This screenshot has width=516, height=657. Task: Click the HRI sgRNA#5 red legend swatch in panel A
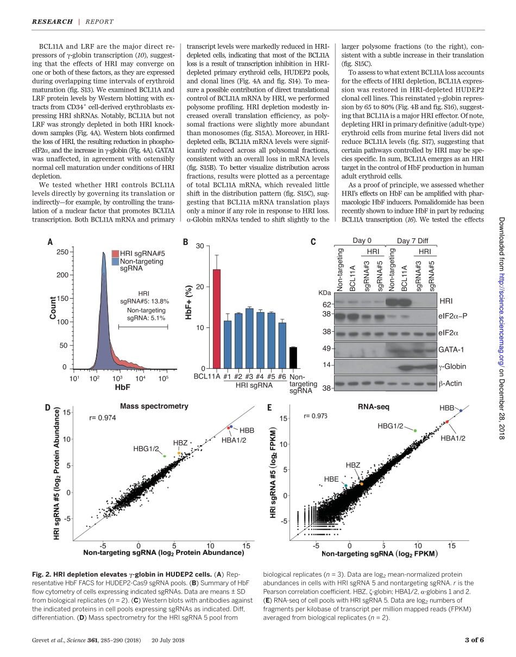pos(115,254)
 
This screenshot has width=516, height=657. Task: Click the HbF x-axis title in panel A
pos(123,388)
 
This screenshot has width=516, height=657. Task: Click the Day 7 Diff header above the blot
pos(411,241)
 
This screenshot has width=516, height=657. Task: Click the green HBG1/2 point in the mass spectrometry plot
pos(164,456)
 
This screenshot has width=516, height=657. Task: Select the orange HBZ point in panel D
pos(179,453)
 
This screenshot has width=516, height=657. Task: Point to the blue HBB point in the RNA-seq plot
pos(461,411)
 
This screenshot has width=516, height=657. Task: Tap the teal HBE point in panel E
pos(345,485)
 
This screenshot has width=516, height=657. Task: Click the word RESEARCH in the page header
pos(52,22)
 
